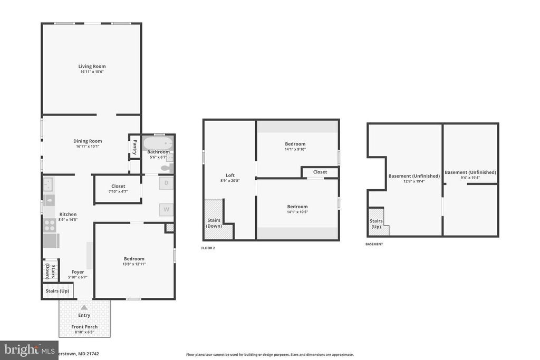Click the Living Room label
92,66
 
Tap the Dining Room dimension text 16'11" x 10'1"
88,147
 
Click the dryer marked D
166,183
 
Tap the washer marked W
166,209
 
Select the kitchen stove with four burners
49,225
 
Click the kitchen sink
48,184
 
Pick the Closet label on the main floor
118,186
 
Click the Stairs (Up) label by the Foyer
57,291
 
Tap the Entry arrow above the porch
84,307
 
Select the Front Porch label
84,327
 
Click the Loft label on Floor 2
230,176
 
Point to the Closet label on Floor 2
320,172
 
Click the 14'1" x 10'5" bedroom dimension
297,212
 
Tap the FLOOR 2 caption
208,248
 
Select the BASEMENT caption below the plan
374,244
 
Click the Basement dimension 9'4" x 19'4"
470,178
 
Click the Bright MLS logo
28,349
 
